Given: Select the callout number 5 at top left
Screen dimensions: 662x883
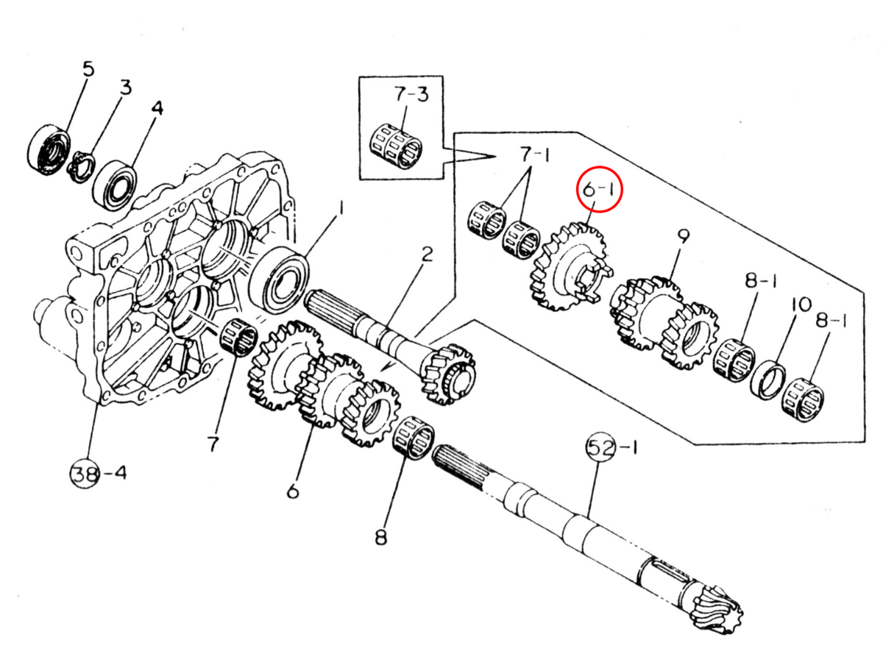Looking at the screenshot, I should [88, 70].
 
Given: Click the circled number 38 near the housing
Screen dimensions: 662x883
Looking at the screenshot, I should [84, 473].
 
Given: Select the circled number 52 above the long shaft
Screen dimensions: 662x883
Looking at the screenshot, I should [600, 447].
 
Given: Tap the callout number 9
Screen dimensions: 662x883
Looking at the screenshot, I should [683, 237].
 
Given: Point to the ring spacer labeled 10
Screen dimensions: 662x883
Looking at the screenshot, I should [767, 379].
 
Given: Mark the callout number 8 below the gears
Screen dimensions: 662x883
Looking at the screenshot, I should [380, 538].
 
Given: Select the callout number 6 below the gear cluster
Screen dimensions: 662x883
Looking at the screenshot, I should [293, 491].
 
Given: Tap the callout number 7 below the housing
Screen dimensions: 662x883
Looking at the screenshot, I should [213, 443].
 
